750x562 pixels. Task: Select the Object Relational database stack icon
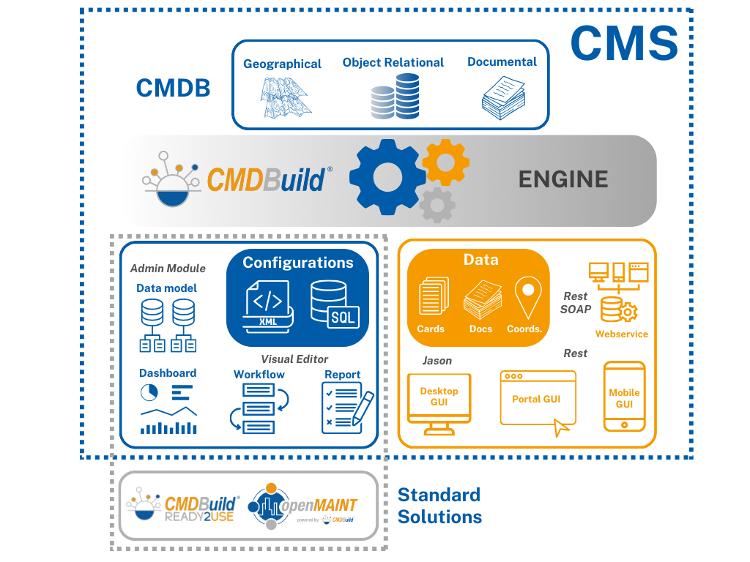pos(394,96)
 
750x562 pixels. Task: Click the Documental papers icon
pos(502,97)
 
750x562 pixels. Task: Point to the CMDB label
pos(174,89)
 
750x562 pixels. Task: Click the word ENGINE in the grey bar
pos(562,179)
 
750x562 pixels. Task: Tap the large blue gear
pos(386,176)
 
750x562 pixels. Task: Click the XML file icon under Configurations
pos(269,307)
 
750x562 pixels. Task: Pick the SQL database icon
pos(335,304)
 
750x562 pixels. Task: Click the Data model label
pos(166,288)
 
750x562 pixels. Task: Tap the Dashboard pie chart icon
pos(149,393)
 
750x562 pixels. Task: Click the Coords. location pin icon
pos(527,296)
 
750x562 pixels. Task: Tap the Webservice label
pos(621,334)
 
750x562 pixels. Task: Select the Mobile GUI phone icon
pos(624,396)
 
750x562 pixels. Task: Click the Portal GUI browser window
pos(537,399)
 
